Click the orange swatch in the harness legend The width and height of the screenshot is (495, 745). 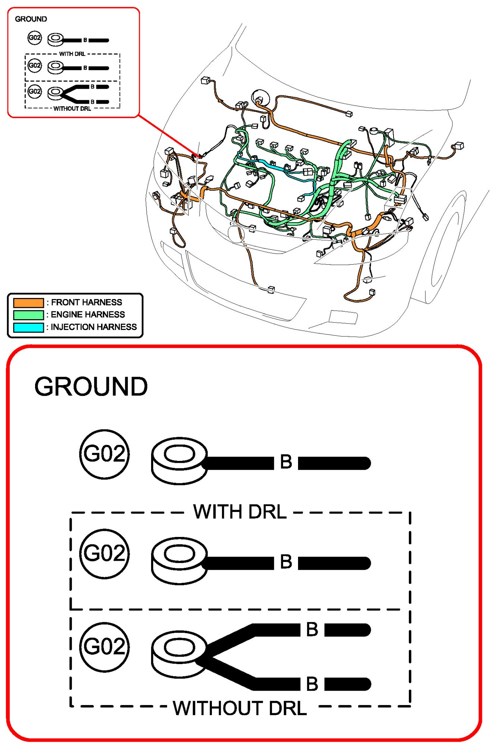(28, 302)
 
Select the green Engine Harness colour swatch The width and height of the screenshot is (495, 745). (28, 315)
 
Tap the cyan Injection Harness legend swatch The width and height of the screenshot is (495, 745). (28, 327)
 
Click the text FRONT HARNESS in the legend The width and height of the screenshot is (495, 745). (87, 302)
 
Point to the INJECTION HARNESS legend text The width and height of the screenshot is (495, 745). (94, 327)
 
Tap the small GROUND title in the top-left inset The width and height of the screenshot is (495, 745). (31, 19)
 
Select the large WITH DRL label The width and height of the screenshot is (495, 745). (240, 512)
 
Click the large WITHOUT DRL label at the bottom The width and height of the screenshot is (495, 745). (240, 708)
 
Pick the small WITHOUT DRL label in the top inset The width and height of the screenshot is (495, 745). (72, 109)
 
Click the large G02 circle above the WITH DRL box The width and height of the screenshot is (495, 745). (104, 454)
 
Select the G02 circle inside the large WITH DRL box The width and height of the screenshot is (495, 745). (104, 553)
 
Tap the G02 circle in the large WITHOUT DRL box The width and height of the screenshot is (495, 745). (104, 647)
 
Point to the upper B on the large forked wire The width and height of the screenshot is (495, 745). (312, 630)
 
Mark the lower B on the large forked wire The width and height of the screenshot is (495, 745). (312, 684)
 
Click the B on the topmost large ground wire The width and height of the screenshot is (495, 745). (286, 462)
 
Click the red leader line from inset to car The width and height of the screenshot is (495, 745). (168, 136)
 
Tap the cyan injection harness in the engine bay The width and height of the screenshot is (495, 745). (269, 164)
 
